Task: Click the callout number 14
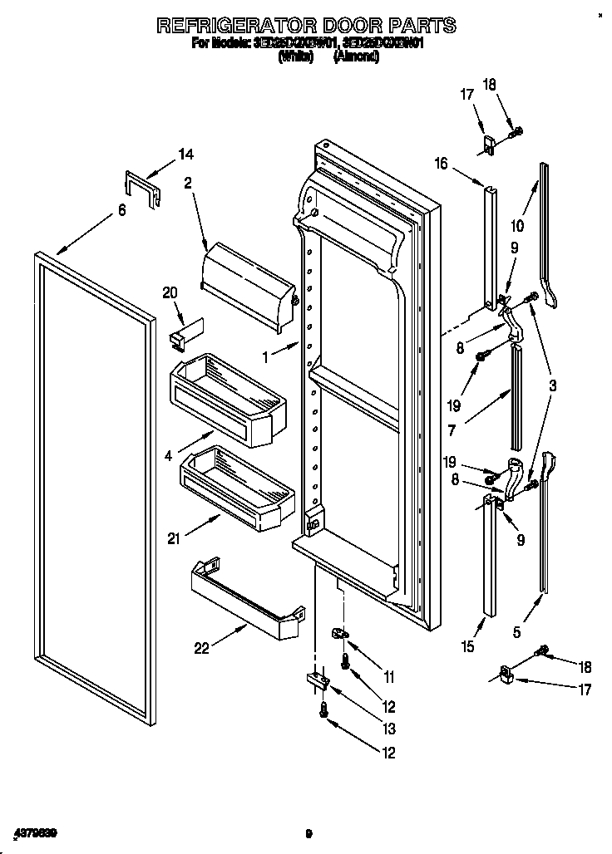[185, 153]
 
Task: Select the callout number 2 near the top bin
[188, 184]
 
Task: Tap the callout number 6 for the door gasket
[121, 211]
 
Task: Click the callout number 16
[441, 164]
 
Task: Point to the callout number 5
[517, 632]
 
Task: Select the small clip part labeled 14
[141, 189]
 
